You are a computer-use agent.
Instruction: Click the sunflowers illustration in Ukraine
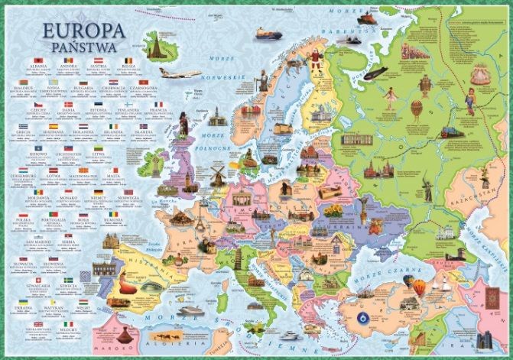coord(334,209)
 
